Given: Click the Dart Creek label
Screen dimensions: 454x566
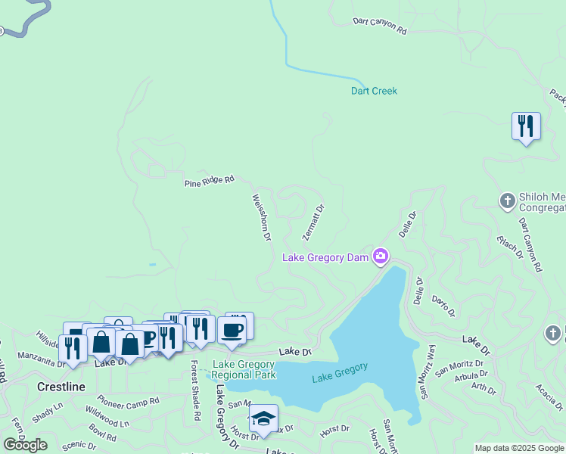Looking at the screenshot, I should (374, 91).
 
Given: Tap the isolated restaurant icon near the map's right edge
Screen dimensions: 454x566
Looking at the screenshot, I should (526, 126).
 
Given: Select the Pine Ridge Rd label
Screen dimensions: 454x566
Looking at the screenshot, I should (210, 182).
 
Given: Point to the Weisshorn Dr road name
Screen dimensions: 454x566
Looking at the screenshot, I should (262, 217).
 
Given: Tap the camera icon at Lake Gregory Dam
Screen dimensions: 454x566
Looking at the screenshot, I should (381, 256).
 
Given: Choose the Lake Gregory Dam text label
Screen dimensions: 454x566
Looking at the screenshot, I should (325, 258).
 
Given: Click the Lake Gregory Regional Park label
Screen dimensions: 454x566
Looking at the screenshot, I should (244, 369).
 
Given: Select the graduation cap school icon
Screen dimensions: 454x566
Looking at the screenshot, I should (263, 418).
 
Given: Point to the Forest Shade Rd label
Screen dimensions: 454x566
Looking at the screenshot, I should (195, 390).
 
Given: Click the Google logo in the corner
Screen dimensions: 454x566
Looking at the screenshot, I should (25, 445).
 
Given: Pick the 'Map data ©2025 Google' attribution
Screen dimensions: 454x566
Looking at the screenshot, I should (519, 448).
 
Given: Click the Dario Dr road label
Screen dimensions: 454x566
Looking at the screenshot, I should (445, 306).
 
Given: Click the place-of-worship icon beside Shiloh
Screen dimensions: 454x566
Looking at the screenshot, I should (507, 201).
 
